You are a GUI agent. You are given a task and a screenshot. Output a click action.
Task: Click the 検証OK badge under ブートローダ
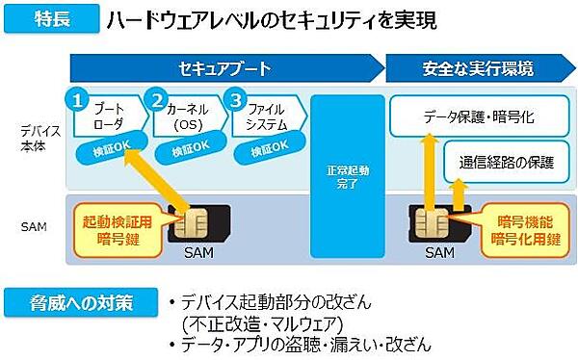(x=102, y=150)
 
